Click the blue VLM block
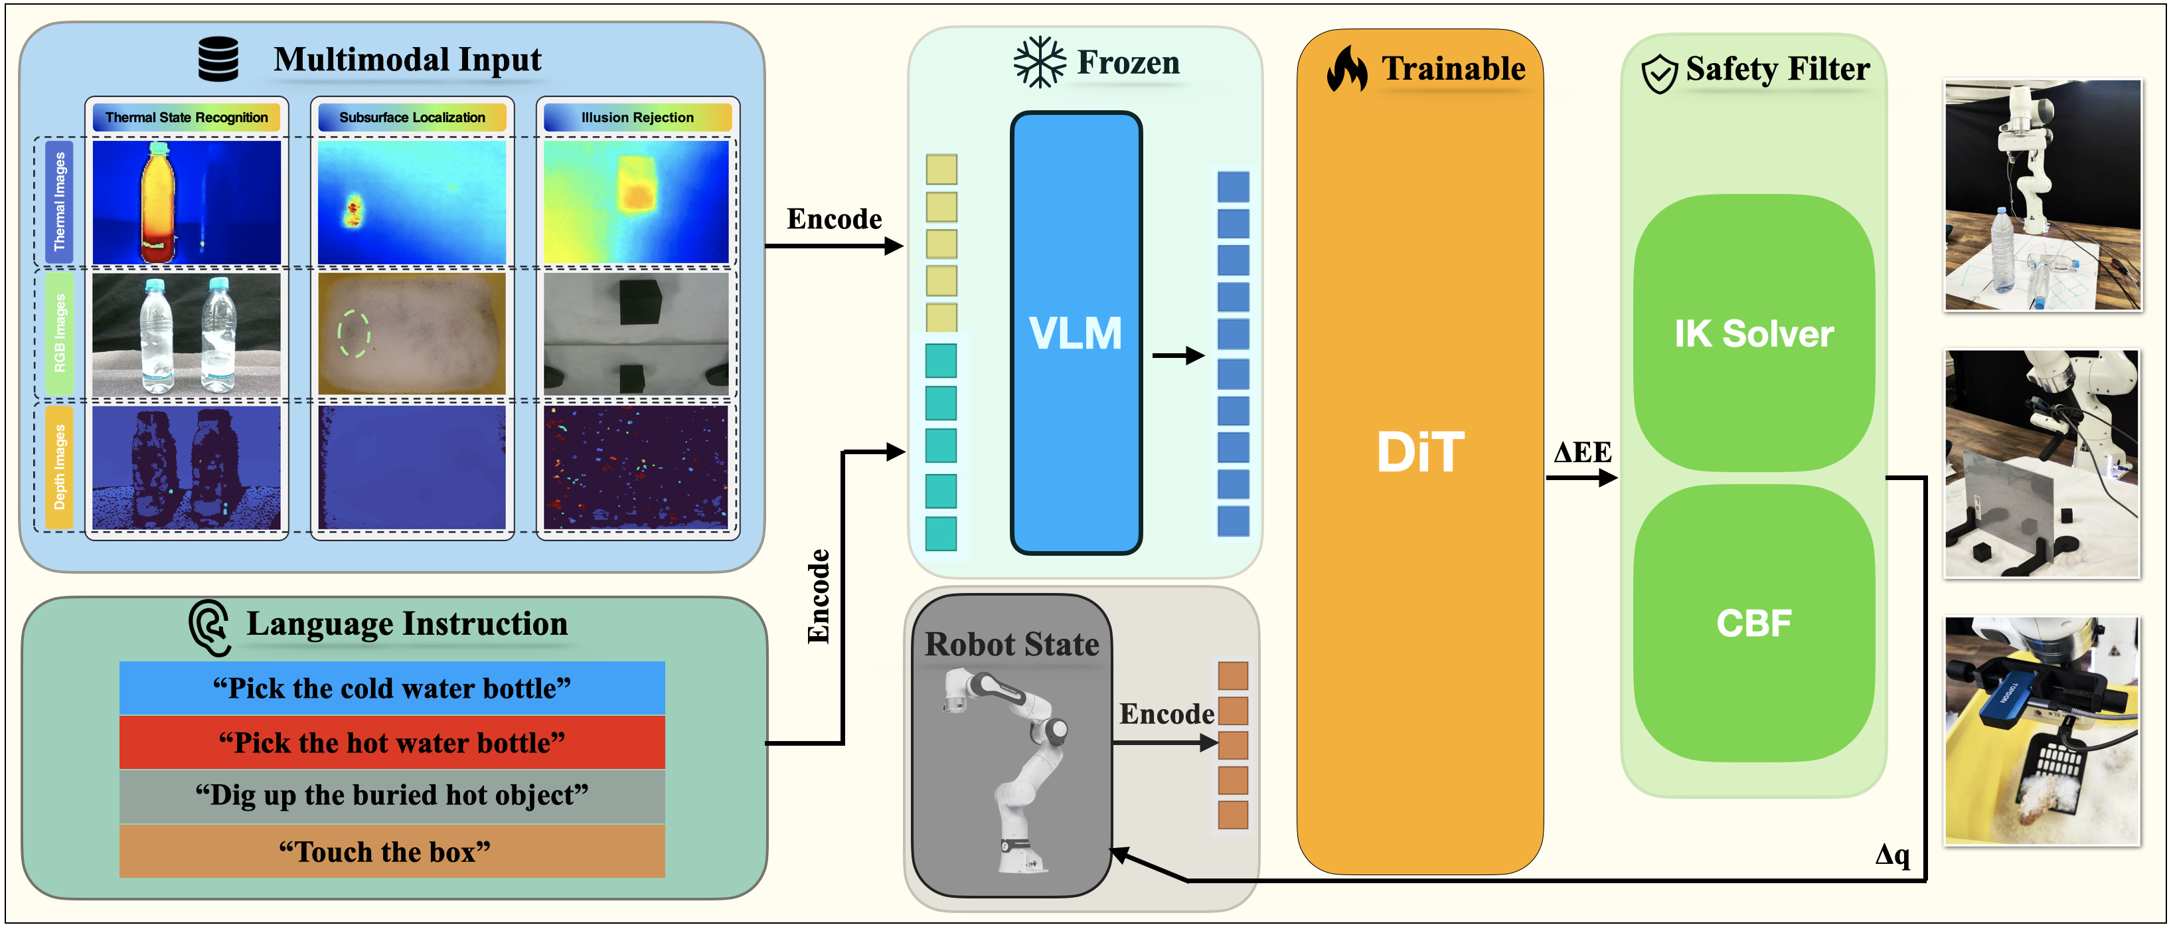click(1076, 333)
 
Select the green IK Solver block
click(1754, 333)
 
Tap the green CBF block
click(1754, 623)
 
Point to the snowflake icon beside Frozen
click(1039, 62)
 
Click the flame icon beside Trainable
click(1347, 68)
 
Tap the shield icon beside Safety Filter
click(1659, 74)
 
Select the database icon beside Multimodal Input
click(218, 59)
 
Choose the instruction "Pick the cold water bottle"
click(392, 689)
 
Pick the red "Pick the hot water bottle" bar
click(392, 742)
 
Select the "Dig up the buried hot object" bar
click(392, 796)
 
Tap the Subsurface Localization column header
click(412, 117)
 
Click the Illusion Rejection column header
click(638, 117)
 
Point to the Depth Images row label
click(59, 467)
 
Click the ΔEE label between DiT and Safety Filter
click(1582, 453)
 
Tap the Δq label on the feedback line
click(1892, 854)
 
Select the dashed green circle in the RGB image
click(354, 334)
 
